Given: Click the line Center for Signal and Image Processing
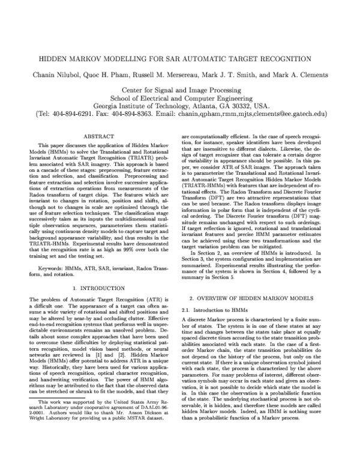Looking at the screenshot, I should point(180,89).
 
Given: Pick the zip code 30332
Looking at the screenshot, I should point(235,104).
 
